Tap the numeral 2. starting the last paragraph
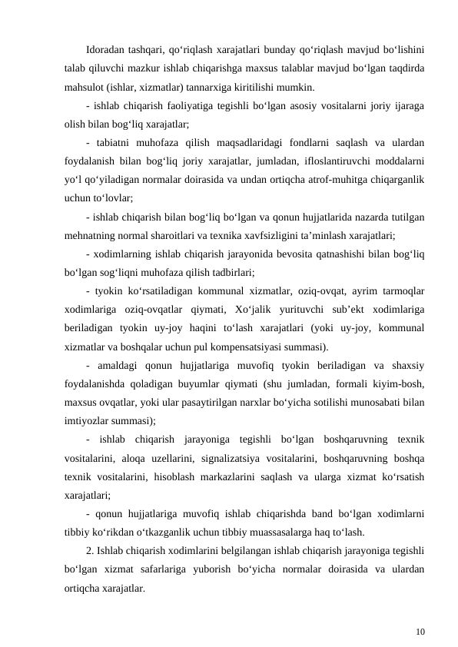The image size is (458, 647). [91, 551]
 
